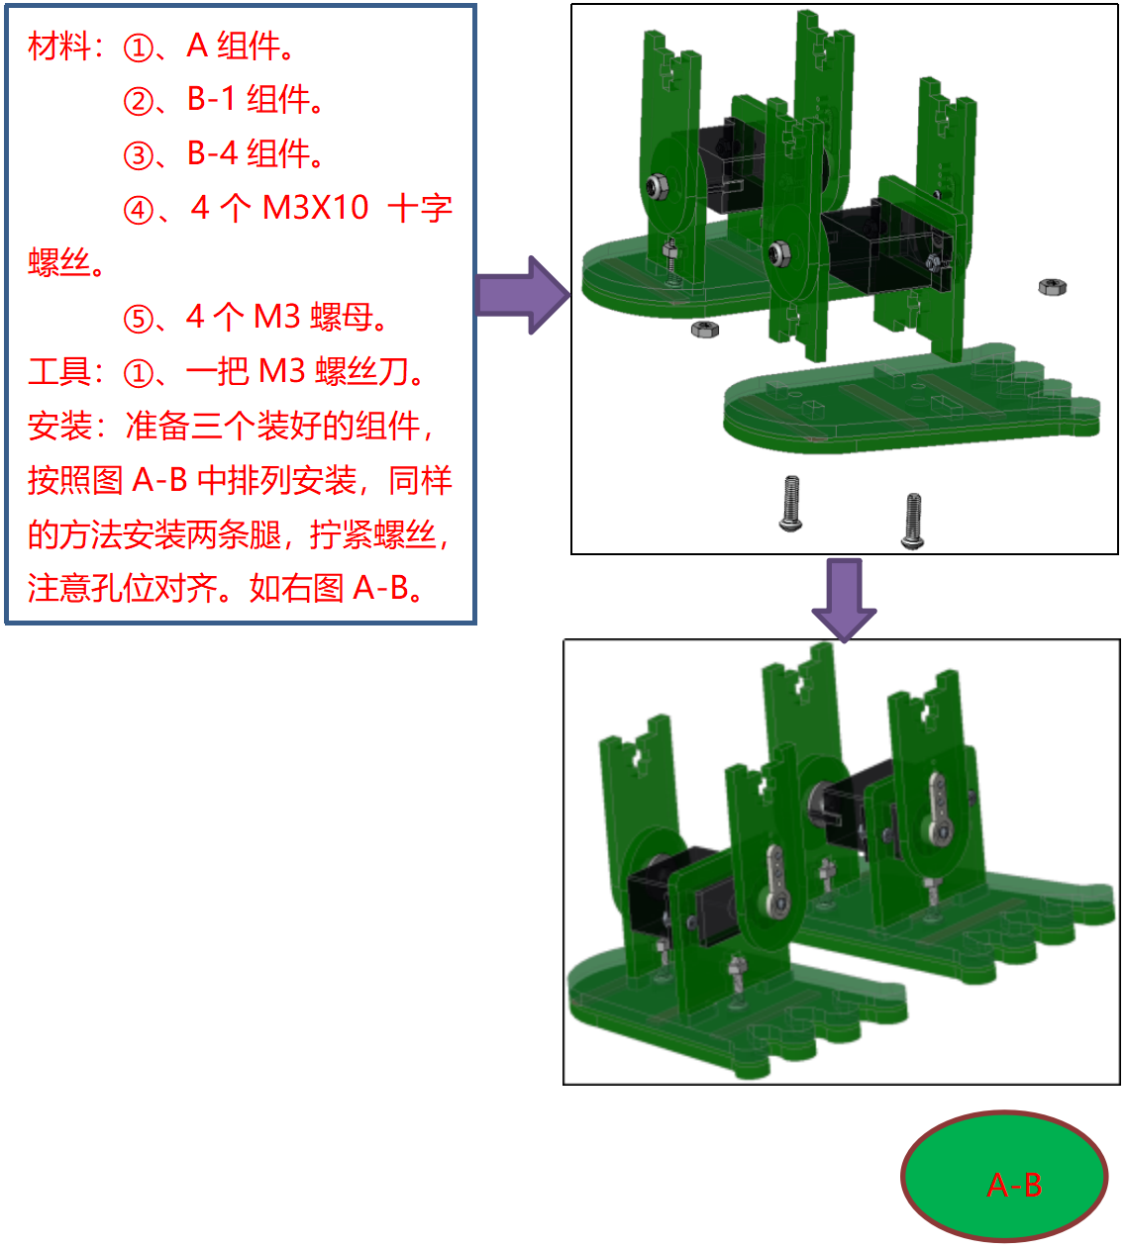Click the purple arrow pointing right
pyautogui.click(x=523, y=295)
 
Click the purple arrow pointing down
pyautogui.click(x=844, y=599)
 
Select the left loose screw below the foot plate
pyautogui.click(x=791, y=504)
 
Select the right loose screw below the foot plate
pyautogui.click(x=913, y=521)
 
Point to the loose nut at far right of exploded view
pyautogui.click(x=1052, y=287)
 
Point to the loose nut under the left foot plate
pyautogui.click(x=705, y=329)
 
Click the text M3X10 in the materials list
pyautogui.click(x=316, y=208)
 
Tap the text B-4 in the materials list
pyautogui.click(x=212, y=153)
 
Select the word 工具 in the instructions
pyautogui.click(x=59, y=372)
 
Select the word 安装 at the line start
pyautogui.click(x=59, y=427)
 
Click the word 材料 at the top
pyautogui.click(x=59, y=47)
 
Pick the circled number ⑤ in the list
pyautogui.click(x=139, y=319)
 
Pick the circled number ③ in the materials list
pyautogui.click(x=139, y=155)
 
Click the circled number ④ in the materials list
pyautogui.click(x=139, y=210)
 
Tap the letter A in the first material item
pyautogui.click(x=197, y=46)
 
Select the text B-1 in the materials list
pyautogui.click(x=212, y=99)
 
